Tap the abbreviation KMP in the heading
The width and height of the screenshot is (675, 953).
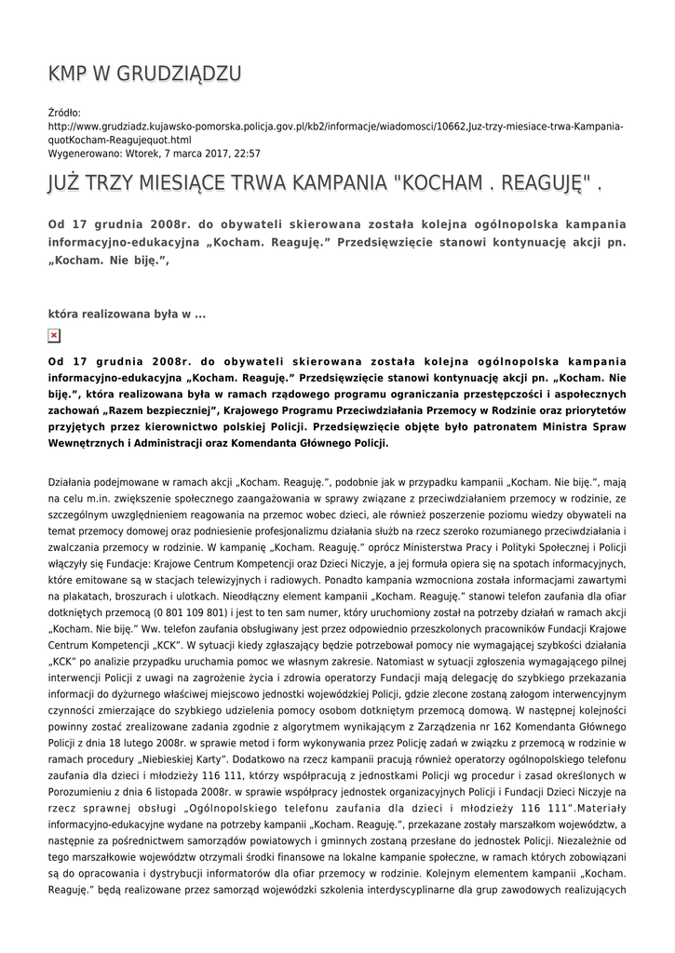(72, 74)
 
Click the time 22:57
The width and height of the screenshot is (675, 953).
(247, 154)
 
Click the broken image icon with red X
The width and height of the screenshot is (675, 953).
(54, 336)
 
